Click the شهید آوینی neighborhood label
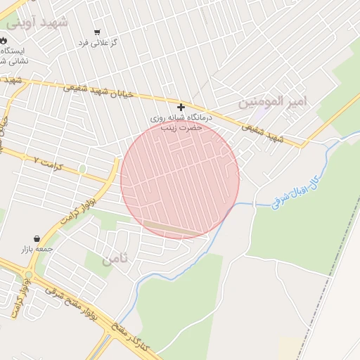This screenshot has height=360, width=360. coord(39,22)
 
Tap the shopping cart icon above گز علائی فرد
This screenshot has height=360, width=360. coord(97,32)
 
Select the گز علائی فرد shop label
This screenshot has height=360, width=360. coord(98,43)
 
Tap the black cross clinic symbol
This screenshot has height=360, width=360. coord(181,107)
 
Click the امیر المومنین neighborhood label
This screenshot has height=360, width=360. coord(274,101)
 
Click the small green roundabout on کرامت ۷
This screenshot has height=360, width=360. coord(83,169)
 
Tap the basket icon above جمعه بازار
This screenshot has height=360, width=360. coord(36,238)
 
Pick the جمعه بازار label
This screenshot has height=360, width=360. coord(36,249)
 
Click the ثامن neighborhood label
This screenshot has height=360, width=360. coord(115,259)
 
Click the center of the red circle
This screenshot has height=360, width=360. coord(180,179)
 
